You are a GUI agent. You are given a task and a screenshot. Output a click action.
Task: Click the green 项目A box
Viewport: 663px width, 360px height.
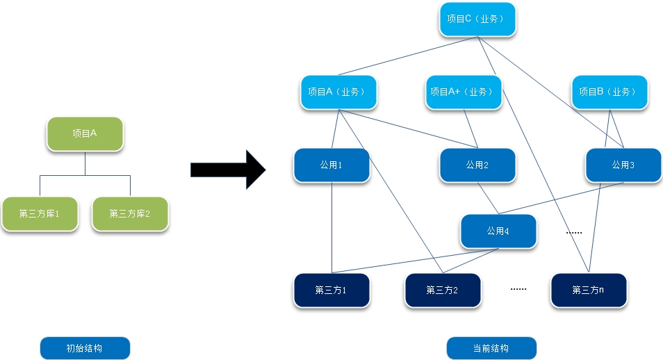85,133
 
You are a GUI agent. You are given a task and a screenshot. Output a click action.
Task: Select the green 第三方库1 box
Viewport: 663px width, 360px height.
39,213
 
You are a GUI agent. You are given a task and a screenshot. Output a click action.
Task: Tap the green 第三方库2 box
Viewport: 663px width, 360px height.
130,213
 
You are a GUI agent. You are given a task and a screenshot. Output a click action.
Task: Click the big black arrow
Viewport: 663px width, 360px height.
227,170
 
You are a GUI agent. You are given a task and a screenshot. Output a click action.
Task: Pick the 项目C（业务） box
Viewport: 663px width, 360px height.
477,19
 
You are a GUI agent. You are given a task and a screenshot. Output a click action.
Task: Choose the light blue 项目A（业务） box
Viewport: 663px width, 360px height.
338,92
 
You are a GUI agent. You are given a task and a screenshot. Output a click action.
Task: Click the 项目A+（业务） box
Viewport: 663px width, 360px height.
464,92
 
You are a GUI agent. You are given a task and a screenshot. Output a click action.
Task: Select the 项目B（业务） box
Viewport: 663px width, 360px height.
609,92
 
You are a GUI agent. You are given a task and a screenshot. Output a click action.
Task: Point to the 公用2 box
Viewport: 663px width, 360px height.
477,165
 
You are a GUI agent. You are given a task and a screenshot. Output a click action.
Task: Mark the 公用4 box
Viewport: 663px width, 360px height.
498,231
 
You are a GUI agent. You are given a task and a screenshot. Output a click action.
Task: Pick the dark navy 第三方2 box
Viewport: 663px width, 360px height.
443,290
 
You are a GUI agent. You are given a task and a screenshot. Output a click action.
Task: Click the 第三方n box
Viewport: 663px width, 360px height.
588,290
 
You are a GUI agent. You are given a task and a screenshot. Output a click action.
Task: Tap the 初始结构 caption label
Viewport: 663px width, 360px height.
85,348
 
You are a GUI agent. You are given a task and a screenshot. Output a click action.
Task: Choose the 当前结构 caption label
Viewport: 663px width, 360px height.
491,348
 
